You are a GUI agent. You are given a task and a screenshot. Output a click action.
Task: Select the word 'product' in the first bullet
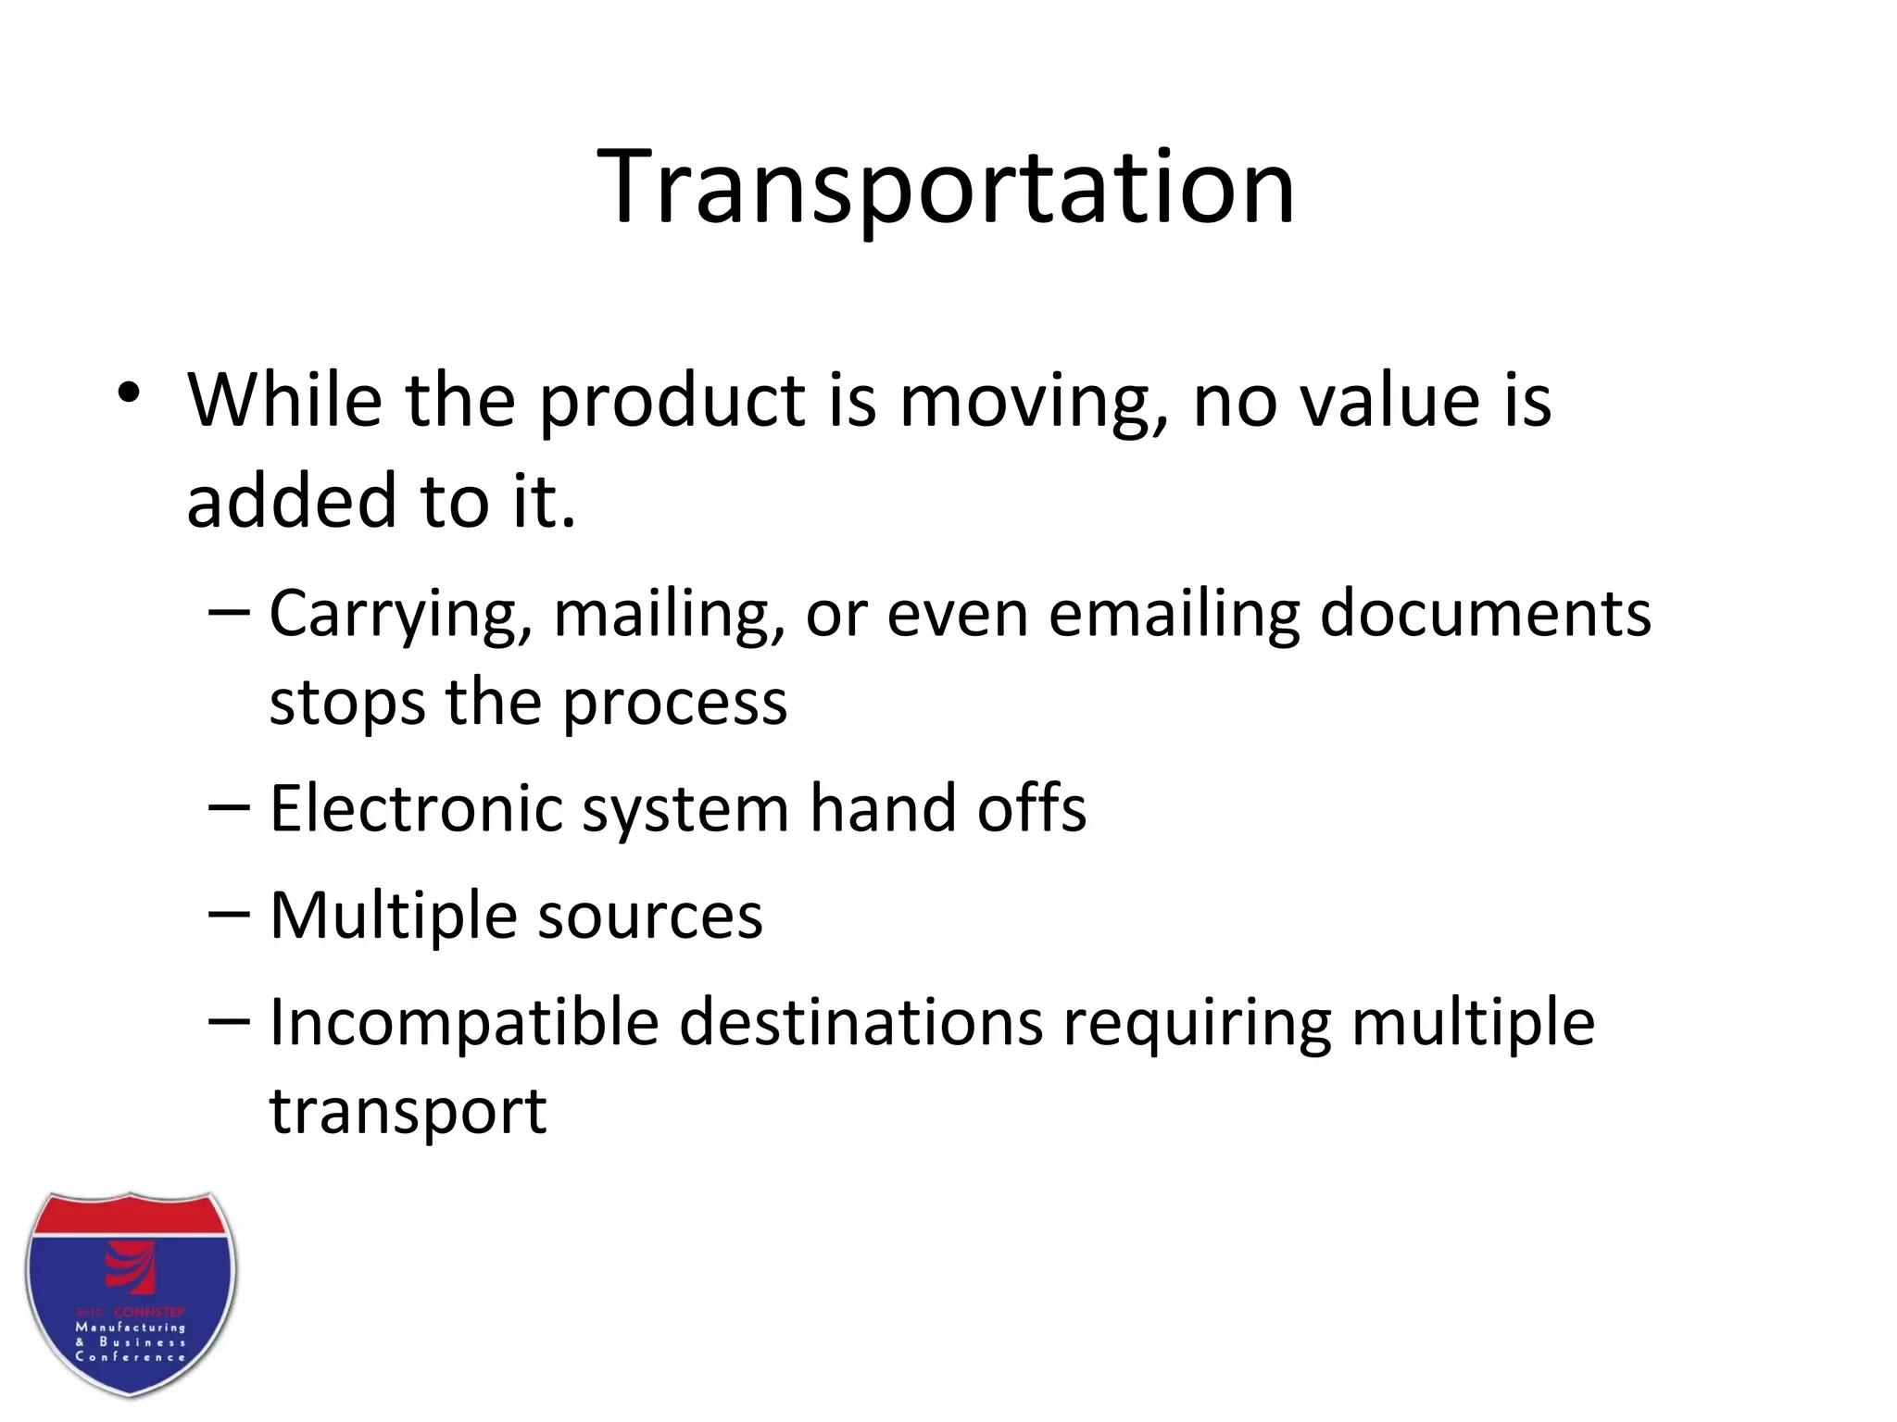click(672, 403)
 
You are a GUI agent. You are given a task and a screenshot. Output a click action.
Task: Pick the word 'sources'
click(650, 917)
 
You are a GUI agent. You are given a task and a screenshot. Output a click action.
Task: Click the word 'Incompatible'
click(463, 1025)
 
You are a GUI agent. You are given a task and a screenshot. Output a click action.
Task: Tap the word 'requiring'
click(1196, 1025)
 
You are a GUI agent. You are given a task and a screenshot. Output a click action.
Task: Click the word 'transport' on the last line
click(408, 1112)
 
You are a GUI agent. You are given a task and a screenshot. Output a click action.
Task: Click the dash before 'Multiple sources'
click(229, 914)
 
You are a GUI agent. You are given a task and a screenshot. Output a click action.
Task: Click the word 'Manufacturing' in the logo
click(130, 1328)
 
